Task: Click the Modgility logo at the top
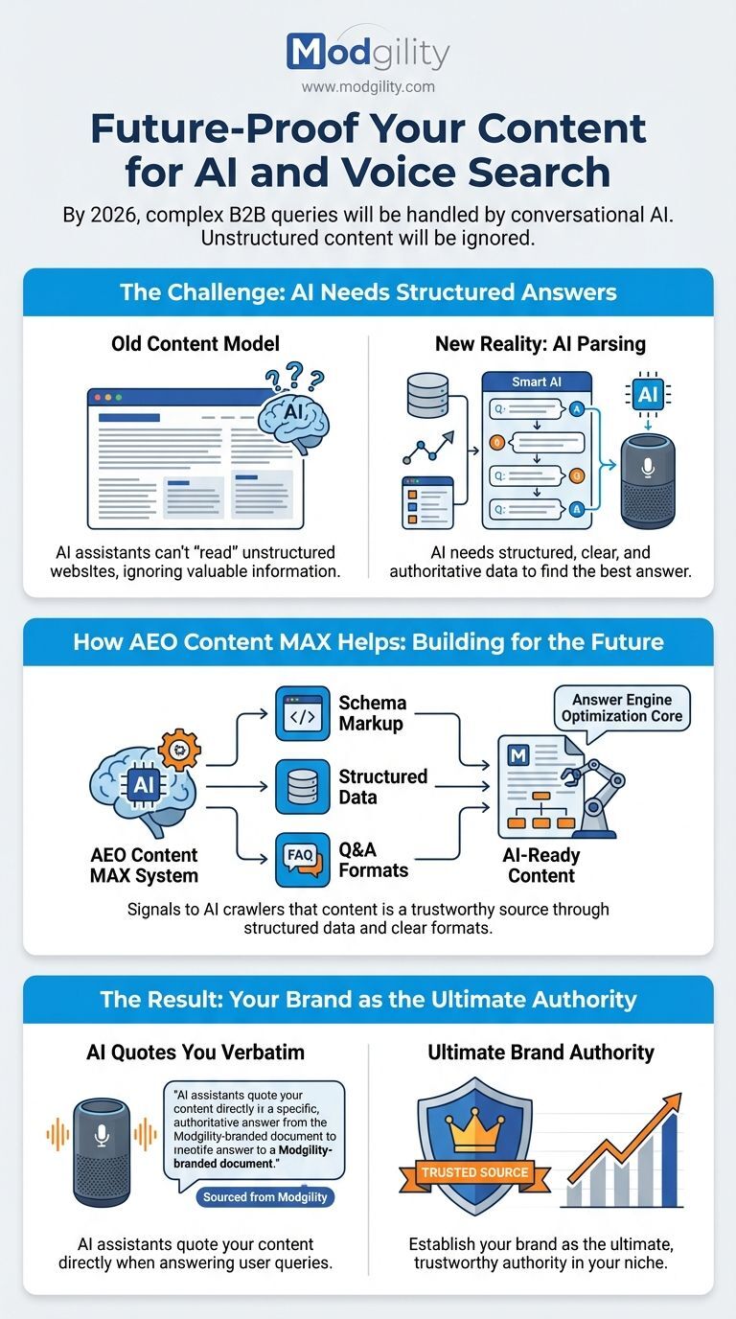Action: [367, 51]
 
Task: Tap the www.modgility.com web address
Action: [367, 86]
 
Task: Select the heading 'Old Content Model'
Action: [195, 343]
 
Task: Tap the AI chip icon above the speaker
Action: [647, 395]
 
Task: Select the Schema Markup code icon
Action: [303, 713]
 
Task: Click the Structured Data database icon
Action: [303, 786]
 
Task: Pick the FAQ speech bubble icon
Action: [303, 859]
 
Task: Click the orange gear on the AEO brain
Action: [177, 748]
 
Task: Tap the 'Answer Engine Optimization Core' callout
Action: [622, 708]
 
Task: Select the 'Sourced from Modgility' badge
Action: [264, 1197]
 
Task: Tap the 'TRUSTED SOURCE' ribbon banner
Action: [473, 1171]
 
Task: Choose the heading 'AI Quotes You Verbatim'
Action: [195, 1053]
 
